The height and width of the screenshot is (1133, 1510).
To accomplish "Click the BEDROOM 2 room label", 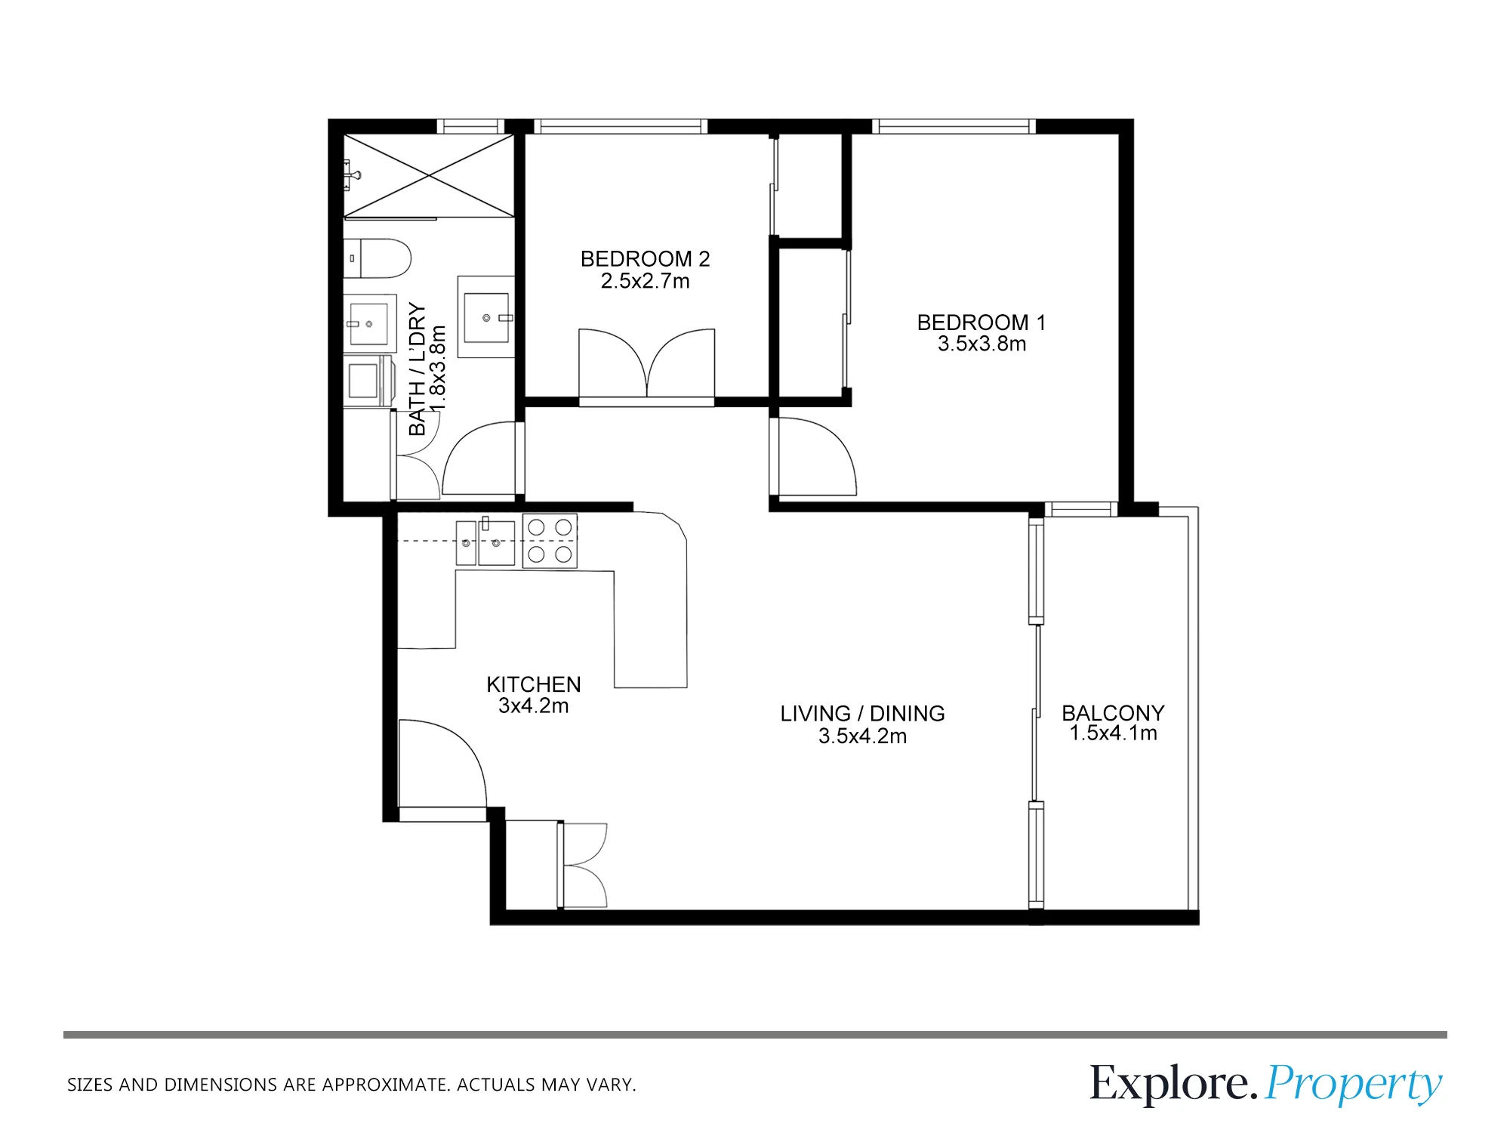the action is point(645,259).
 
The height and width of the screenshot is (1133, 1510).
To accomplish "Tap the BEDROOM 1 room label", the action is point(981,323).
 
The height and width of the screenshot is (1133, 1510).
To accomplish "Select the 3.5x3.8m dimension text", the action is point(981,344).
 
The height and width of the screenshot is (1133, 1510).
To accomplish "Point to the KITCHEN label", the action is point(534,684).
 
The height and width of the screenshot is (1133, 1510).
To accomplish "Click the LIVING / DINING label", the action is point(862,714).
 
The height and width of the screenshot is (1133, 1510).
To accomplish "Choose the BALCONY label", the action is point(1113,713).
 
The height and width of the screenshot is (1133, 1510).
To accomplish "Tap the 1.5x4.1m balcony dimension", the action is point(1113,733).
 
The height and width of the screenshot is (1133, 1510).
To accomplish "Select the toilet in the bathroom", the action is point(377,258).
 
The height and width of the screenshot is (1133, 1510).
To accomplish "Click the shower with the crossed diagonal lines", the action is point(429,175).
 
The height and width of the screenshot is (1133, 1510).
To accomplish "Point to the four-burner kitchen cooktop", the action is point(550,541).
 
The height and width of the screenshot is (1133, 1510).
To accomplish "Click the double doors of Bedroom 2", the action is point(646,363).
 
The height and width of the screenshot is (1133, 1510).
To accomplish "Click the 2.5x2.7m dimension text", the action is point(645,281).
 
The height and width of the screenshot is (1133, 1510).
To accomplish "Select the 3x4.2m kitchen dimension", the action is point(533,706).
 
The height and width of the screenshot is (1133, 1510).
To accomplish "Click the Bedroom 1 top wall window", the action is point(954,126).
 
